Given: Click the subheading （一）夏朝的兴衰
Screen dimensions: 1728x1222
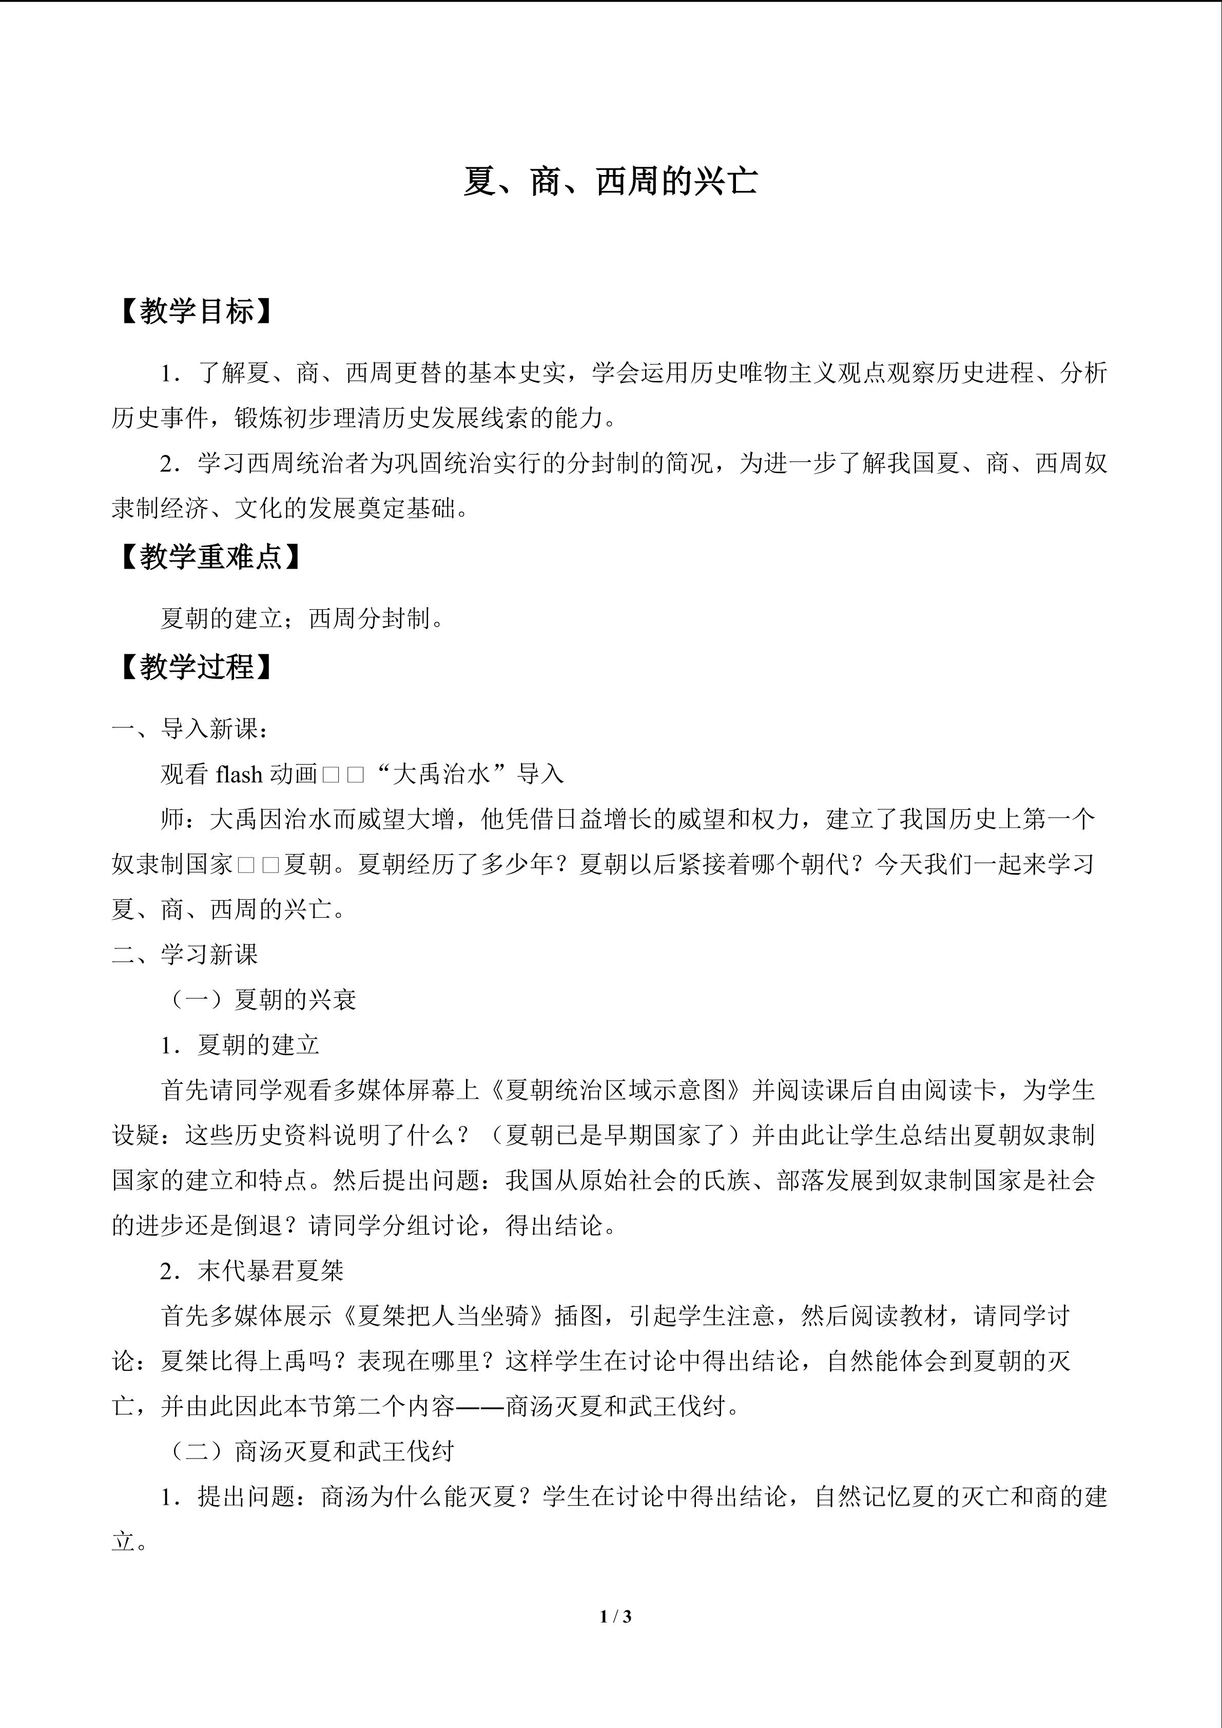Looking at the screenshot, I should tap(260, 999).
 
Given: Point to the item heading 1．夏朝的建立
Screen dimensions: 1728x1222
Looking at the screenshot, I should tap(240, 1044).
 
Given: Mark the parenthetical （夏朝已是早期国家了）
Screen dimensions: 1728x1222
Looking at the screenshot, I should tap(615, 1135).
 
